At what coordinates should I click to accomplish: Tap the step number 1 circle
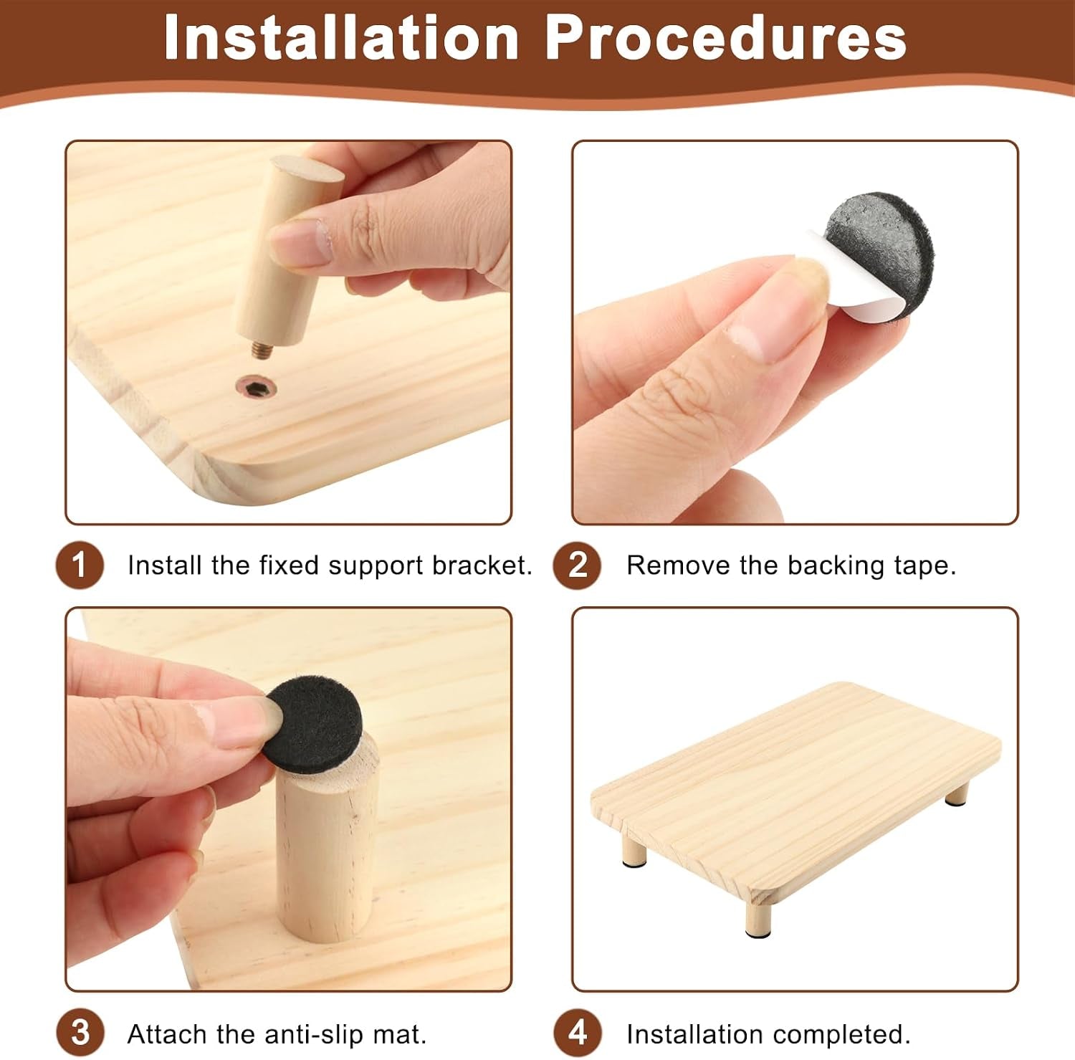click(x=80, y=565)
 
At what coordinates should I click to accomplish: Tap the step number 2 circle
click(x=577, y=565)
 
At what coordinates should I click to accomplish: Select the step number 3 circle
click(x=80, y=1033)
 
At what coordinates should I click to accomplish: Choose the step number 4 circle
click(x=577, y=1033)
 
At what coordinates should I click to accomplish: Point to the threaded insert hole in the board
click(x=257, y=390)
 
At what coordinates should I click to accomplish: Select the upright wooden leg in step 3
click(x=326, y=846)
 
